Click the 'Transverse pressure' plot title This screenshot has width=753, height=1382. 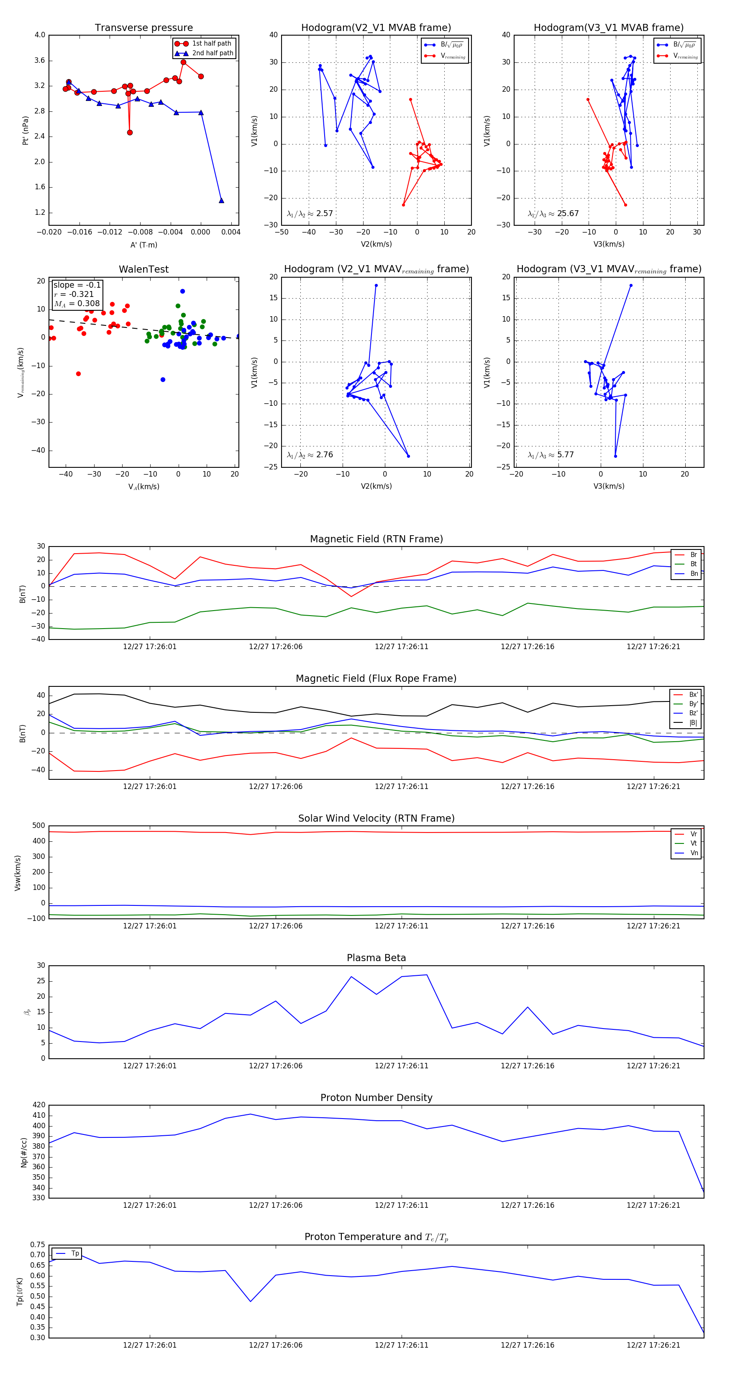143,28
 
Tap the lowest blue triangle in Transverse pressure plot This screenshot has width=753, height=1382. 221,201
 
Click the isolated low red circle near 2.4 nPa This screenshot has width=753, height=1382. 130,132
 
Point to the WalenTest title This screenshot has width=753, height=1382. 143,269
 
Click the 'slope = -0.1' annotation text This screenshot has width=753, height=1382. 77,285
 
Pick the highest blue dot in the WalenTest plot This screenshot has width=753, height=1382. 183,291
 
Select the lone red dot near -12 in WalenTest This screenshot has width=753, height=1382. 78,374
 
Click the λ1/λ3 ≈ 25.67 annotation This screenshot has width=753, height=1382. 553,214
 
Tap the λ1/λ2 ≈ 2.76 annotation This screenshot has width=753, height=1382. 310,455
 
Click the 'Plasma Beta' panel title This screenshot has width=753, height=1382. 376,958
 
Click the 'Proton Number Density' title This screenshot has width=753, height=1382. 376,1098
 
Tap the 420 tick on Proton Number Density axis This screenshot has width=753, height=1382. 39,1105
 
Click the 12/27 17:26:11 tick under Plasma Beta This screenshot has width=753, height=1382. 402,1066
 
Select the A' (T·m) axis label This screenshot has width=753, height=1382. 143,245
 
